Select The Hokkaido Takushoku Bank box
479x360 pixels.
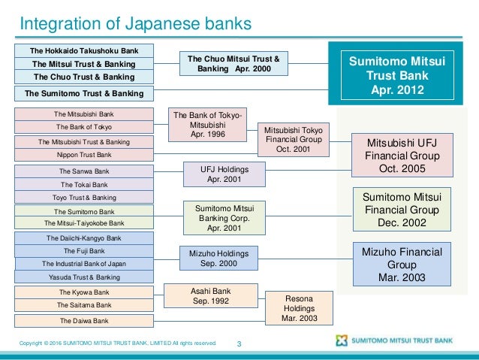[84, 50]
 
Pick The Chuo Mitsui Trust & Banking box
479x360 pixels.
[233, 62]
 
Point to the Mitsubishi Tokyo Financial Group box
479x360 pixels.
[293, 140]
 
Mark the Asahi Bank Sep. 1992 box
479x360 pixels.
[211, 296]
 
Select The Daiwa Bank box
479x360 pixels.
[84, 320]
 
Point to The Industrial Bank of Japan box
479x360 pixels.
[84, 263]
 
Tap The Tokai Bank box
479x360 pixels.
[84, 184]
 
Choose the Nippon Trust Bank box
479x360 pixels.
[84, 155]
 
